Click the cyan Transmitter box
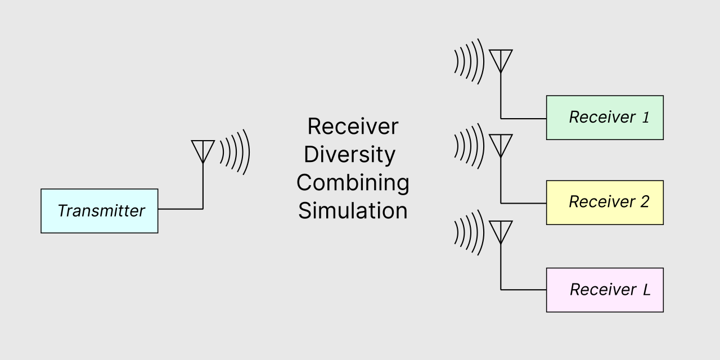tap(99, 211)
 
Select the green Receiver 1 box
tap(605, 118)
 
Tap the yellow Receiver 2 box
tap(605, 202)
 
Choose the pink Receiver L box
tap(605, 290)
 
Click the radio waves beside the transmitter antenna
tap(235, 151)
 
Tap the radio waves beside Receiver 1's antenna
tap(469, 61)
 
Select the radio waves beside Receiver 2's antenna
tap(469, 146)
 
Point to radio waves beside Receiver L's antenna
tap(469, 232)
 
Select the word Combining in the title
tap(353, 183)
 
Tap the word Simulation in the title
tap(353, 211)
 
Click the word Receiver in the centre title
tap(353, 127)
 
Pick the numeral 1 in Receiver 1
tap(645, 118)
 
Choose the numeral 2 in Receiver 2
tap(645, 202)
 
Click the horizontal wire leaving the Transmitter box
tap(180, 209)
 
